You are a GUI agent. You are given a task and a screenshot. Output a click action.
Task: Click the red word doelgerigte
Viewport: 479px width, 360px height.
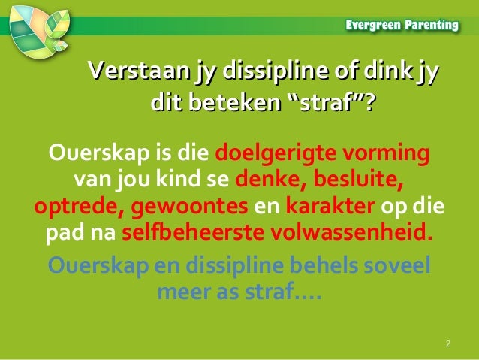click(275, 156)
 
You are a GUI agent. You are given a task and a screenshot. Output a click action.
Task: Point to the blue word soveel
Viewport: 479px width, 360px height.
click(399, 265)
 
